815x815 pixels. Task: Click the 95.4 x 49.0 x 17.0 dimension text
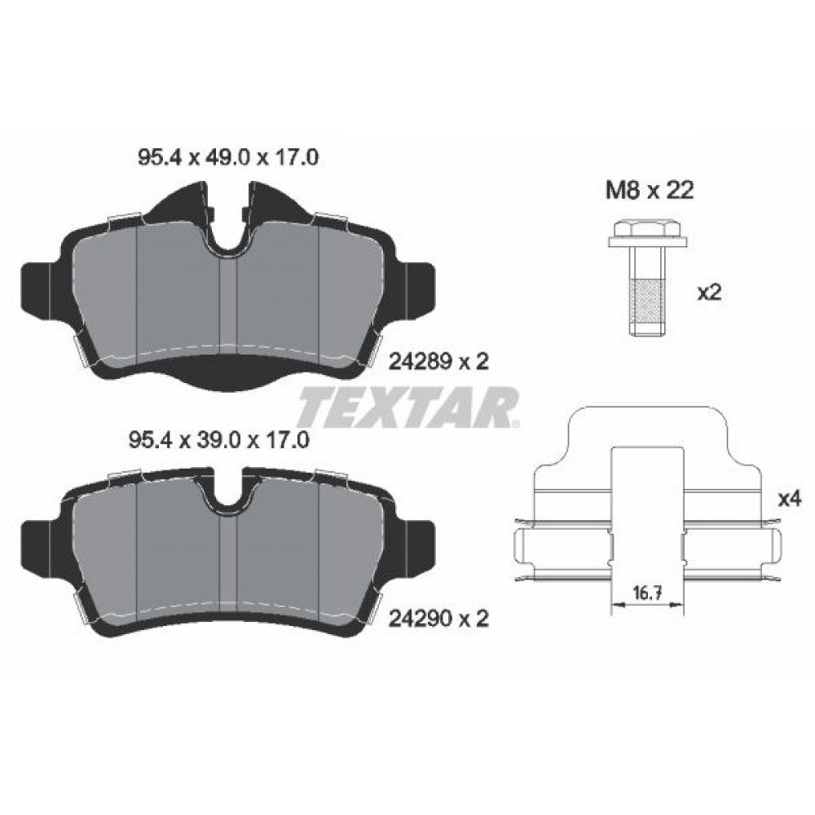(x=227, y=157)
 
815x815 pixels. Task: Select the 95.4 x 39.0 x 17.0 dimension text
(x=218, y=441)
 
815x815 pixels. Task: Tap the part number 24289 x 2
(x=439, y=362)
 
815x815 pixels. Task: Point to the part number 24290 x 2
(x=439, y=619)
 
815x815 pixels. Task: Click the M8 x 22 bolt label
(x=650, y=191)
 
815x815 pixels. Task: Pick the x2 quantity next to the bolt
(x=710, y=293)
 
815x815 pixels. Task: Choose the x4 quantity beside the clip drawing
(x=790, y=500)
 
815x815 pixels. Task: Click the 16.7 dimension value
(x=648, y=593)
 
